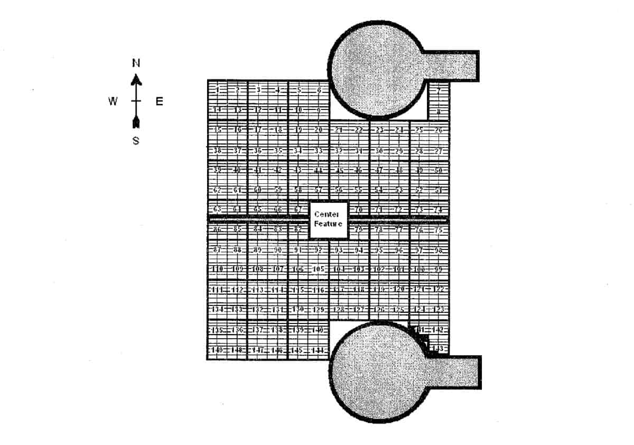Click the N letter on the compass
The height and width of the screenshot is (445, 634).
tap(136, 63)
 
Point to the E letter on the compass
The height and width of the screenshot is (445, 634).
tap(159, 102)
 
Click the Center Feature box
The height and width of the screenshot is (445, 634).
tap(328, 219)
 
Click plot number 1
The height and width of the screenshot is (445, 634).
tap(217, 90)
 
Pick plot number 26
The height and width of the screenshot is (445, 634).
tap(439, 130)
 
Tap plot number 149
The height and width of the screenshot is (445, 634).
tap(217, 350)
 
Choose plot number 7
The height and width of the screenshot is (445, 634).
tap(439, 90)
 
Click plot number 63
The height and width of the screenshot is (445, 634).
tap(217, 209)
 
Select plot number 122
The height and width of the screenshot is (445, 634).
tap(439, 289)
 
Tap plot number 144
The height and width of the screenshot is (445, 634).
tap(318, 350)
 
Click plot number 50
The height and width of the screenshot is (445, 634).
tap(439, 170)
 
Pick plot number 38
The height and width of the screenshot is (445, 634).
tap(217, 151)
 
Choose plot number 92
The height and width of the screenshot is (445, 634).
tap(318, 249)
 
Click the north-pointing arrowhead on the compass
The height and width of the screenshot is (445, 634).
tap(136, 79)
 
